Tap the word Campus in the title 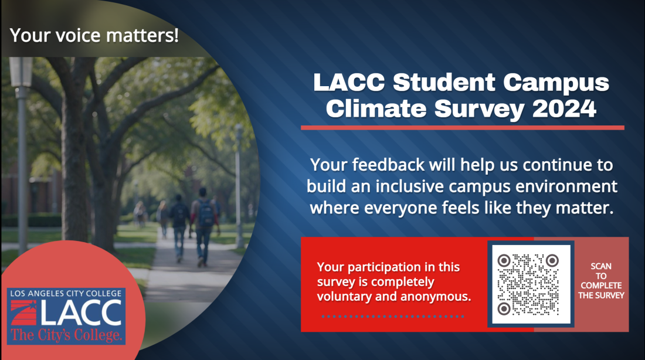tap(556, 83)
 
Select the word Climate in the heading tap(376, 108)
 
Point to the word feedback tap(388, 165)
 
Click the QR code tap(531, 284)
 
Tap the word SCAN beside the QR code tap(601, 266)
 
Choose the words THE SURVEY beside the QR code tap(601, 296)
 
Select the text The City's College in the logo tap(66, 335)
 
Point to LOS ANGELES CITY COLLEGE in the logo tap(66, 293)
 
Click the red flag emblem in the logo tap(23, 313)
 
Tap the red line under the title tap(463, 128)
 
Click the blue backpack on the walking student tap(205, 213)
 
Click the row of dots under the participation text tap(393, 317)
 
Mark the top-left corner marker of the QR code tap(504, 260)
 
